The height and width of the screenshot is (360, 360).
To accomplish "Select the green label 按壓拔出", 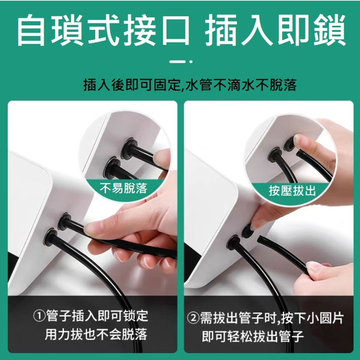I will pos(292,191).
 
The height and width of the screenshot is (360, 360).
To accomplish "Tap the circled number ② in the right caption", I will pos(193,319).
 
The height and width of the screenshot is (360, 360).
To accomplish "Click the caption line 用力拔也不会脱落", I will pos(96,335).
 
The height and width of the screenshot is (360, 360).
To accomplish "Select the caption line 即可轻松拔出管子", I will pos(253,336).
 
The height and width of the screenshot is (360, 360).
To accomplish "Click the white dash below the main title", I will pos(184,62).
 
